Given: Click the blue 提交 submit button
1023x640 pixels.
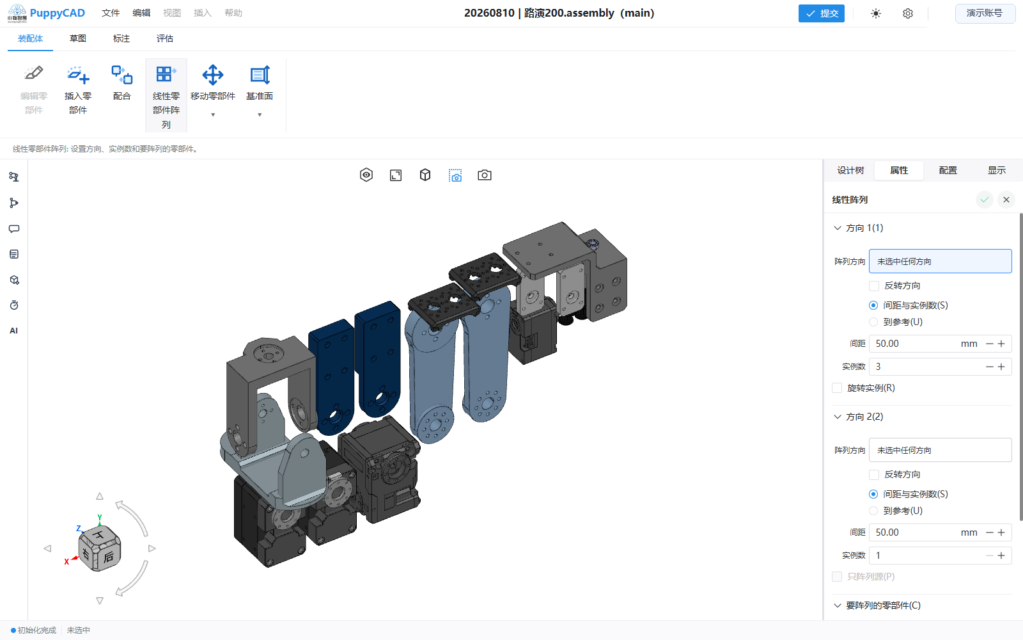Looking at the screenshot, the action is point(821,13).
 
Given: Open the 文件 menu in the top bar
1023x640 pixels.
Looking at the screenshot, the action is point(111,13).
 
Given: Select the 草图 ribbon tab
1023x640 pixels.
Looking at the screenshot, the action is point(77,38).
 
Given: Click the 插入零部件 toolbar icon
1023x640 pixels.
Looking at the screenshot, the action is point(77,75).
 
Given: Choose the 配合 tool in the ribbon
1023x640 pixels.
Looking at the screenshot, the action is point(121,75).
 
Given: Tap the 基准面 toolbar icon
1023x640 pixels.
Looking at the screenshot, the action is point(260,75).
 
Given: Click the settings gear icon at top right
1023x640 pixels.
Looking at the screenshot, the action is point(908,13).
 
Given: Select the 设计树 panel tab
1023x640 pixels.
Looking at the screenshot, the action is point(850,170).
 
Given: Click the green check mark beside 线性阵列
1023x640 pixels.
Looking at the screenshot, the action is point(984,200).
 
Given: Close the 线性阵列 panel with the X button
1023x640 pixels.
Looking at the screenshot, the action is point(1006,200).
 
